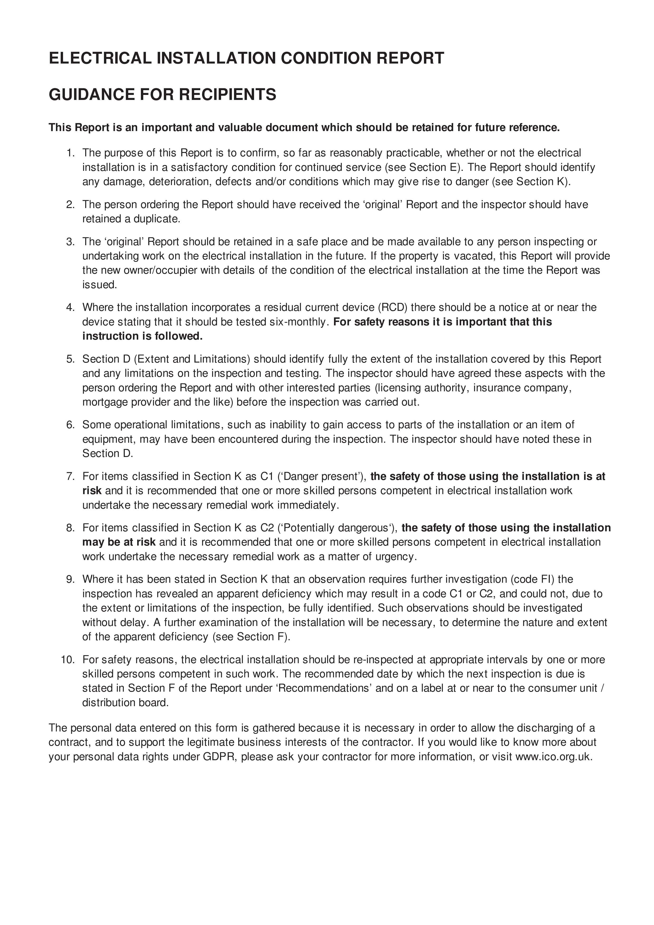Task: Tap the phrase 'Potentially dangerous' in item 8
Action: point(338,528)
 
